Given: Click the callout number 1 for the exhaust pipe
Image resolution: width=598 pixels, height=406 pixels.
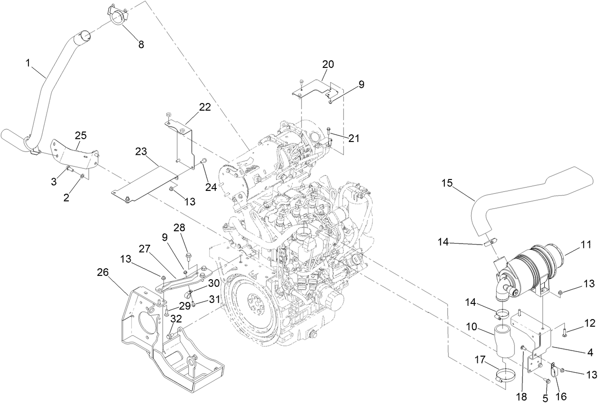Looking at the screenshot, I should [x=29, y=62].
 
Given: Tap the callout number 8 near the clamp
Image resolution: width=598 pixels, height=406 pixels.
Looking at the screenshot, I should [x=141, y=44].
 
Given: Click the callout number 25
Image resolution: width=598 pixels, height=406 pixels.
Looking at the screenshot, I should [x=80, y=135].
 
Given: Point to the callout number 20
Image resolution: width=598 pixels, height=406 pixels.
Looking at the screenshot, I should [x=328, y=64].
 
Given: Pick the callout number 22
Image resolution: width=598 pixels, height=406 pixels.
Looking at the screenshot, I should [x=204, y=107].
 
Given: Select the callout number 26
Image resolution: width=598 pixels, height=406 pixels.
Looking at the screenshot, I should [x=103, y=272].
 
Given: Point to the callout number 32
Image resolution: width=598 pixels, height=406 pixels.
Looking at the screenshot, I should [x=176, y=318].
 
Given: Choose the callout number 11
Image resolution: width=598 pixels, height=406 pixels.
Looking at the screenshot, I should [x=586, y=245].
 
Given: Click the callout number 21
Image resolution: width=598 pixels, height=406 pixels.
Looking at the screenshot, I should [x=354, y=138].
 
